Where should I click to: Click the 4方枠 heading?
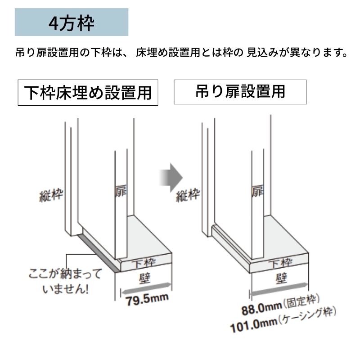pos(72,23)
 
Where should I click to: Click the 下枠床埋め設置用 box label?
pos(88,93)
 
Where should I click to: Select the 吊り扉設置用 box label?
pos(240,92)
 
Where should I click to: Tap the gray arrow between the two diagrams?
pos(171,177)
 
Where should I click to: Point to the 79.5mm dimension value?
pos(147,299)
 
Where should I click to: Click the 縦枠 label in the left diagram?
pos(51,195)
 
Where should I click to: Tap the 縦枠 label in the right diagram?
pos(188,195)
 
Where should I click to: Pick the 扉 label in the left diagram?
pos(121,191)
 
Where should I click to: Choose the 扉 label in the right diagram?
pos(257,191)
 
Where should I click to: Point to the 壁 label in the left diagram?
pos(145,278)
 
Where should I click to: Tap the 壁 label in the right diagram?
pos(282,278)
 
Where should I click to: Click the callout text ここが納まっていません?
pos(65,281)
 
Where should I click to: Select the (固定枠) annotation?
pos(301,301)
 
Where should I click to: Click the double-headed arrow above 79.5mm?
pos(147,288)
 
